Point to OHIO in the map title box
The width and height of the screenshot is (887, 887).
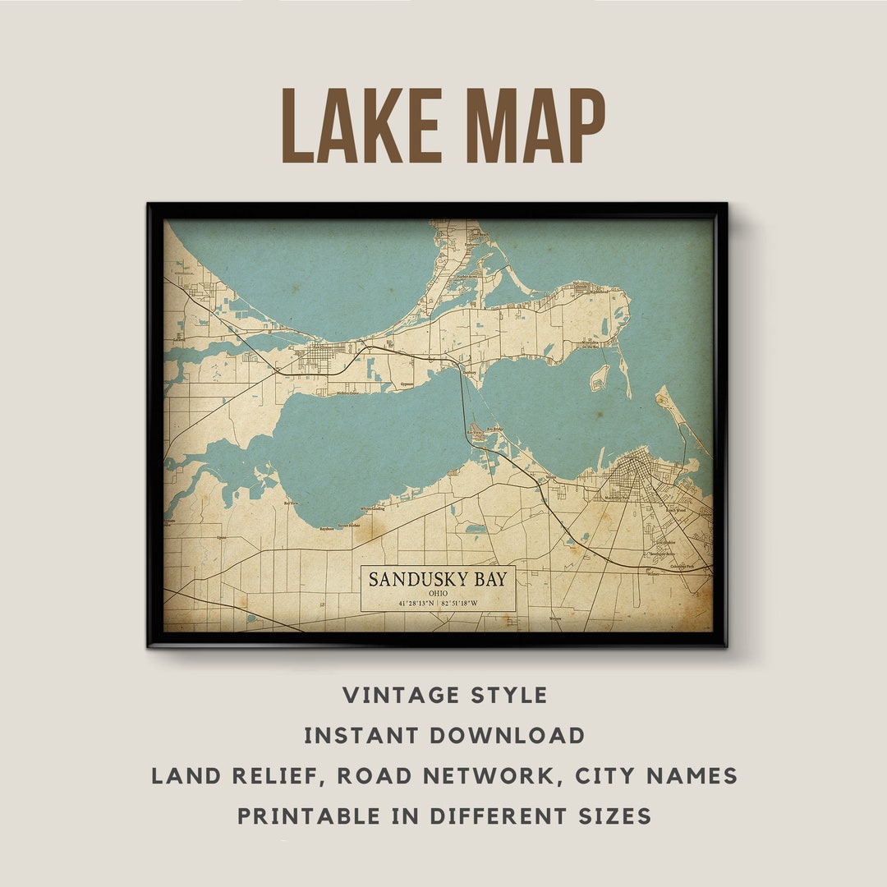coord(438,593)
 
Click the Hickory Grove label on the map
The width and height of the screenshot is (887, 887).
coord(347,393)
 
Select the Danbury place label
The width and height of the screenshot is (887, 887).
coord(470,372)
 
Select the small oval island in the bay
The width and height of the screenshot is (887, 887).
coord(600,377)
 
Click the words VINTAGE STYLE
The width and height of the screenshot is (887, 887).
coord(444,695)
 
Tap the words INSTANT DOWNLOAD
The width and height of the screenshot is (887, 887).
coord(444,735)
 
